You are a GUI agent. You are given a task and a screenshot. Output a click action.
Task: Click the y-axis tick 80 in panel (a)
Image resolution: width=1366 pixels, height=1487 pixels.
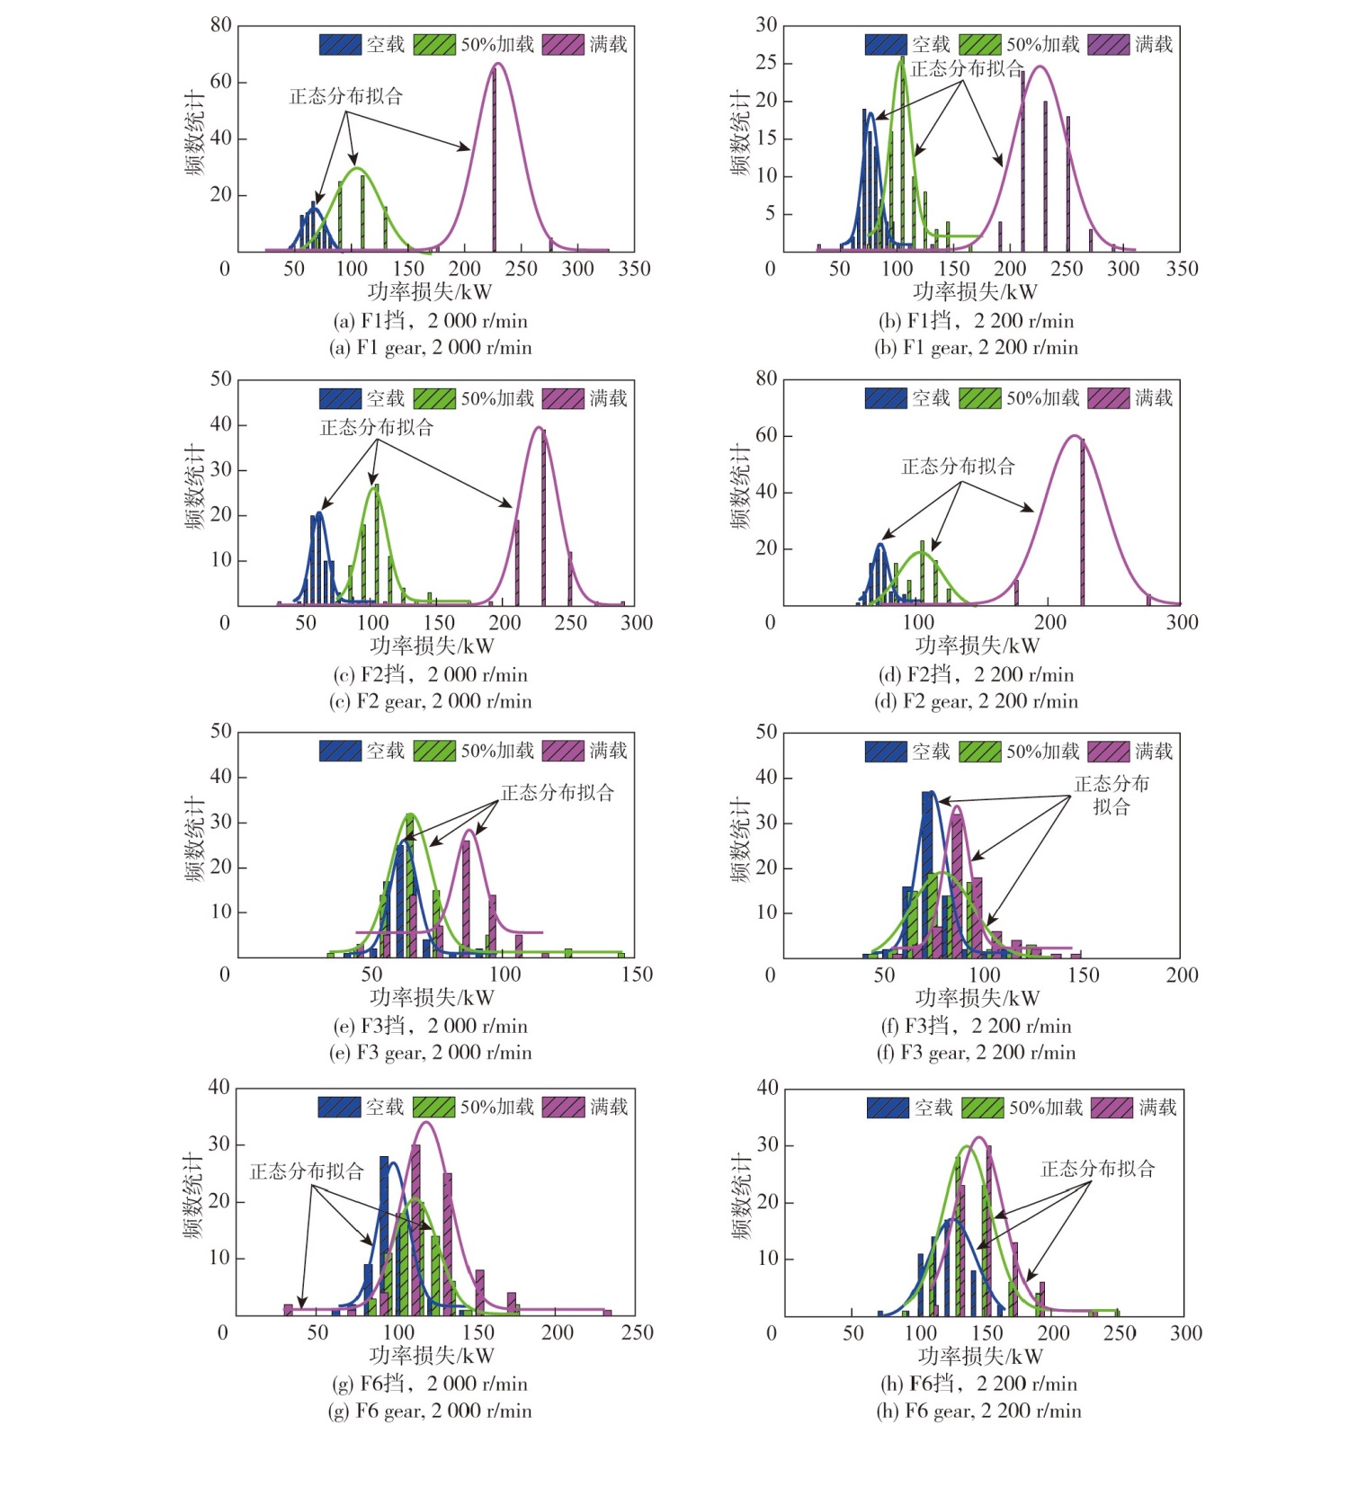pyautogui.click(x=221, y=25)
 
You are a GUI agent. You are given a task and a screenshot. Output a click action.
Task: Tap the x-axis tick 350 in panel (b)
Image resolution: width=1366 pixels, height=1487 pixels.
pyautogui.click(x=1182, y=269)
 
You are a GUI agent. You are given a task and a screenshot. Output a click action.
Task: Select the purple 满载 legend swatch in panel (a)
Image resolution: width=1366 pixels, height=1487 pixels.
pyautogui.click(x=563, y=44)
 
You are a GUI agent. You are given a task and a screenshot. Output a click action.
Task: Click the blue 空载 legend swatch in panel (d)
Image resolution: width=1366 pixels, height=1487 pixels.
pyautogui.click(x=886, y=397)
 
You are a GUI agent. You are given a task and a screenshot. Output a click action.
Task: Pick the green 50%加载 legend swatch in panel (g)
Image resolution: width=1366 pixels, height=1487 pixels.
pyautogui.click(x=434, y=1107)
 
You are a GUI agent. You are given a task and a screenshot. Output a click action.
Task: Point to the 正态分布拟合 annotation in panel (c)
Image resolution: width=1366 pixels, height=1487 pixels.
pyautogui.click(x=377, y=428)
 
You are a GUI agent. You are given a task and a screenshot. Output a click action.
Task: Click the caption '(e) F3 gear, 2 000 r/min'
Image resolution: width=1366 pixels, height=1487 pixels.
pyautogui.click(x=430, y=1053)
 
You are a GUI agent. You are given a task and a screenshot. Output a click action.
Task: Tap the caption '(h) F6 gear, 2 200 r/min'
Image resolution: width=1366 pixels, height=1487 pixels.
pyautogui.click(x=978, y=1411)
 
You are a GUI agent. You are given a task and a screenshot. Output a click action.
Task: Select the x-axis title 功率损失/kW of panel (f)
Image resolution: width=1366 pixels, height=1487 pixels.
pyautogui.click(x=978, y=998)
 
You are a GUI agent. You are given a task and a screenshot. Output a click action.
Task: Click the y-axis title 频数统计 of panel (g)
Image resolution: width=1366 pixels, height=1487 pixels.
pyautogui.click(x=195, y=1196)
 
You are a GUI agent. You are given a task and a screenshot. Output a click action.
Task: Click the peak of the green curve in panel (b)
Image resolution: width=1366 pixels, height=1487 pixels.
pyautogui.click(x=901, y=59)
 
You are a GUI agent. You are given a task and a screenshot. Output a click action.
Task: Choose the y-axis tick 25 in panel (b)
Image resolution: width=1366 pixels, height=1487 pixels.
pyautogui.click(x=766, y=63)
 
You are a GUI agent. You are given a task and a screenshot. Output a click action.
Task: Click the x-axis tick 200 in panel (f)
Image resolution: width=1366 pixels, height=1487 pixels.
pyautogui.click(x=1182, y=975)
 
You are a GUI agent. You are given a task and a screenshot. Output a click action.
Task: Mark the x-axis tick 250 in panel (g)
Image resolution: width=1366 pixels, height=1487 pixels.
pyautogui.click(x=637, y=1332)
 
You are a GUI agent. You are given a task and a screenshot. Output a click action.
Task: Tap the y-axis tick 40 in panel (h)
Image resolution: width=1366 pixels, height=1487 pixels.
pyautogui.click(x=767, y=1088)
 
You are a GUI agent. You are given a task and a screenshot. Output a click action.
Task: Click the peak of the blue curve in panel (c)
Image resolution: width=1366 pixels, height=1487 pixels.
pyautogui.click(x=319, y=513)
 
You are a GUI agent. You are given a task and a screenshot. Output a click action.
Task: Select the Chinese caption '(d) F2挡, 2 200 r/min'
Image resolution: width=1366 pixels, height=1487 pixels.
pyautogui.click(x=976, y=675)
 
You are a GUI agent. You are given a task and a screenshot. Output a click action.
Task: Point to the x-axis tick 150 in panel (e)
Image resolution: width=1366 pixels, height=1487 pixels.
pyautogui.click(x=637, y=975)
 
